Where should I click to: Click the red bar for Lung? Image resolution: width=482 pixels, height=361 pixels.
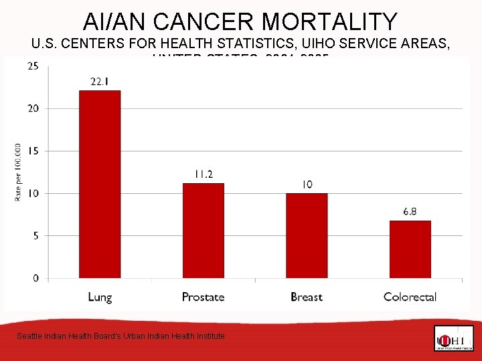[100, 185]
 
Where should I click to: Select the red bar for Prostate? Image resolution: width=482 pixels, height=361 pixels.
[204, 231]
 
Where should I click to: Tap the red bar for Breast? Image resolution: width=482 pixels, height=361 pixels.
[307, 235]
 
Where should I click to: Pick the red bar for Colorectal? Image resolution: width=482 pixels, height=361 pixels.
[410, 249]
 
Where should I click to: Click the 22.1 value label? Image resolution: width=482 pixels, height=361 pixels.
[100, 82]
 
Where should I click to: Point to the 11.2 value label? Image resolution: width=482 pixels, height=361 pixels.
[204, 174]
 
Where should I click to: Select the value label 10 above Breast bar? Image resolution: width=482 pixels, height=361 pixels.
[307, 185]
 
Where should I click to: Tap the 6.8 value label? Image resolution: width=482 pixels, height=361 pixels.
[410, 212]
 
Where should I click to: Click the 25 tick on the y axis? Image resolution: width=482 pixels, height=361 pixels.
[33, 66]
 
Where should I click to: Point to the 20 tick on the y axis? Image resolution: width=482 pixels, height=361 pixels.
[33, 108]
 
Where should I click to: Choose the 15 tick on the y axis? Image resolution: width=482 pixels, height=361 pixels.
[33, 151]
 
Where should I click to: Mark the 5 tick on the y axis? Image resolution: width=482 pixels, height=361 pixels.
[35, 236]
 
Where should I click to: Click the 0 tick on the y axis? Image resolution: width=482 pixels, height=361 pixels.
[35, 278]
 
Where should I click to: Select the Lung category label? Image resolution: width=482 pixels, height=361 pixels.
[100, 297]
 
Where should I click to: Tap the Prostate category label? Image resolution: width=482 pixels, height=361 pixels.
[203, 297]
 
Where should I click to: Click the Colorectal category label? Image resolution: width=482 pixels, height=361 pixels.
[410, 297]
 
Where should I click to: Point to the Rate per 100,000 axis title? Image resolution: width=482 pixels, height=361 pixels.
[17, 171]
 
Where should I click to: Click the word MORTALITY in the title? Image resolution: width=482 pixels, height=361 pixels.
[329, 22]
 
